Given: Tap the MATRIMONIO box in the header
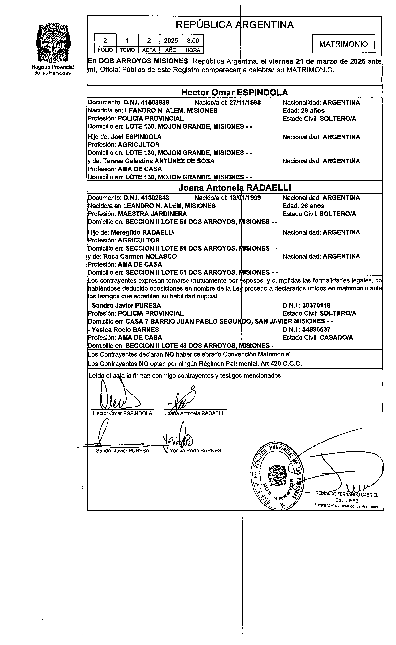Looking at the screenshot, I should (x=343, y=44).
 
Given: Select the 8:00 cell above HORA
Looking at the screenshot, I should (x=193, y=41).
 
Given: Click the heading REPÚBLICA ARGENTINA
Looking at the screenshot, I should (x=235, y=25).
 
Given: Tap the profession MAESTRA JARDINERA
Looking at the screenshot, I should (x=152, y=214).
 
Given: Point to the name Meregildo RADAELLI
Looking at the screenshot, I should (x=142, y=232).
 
